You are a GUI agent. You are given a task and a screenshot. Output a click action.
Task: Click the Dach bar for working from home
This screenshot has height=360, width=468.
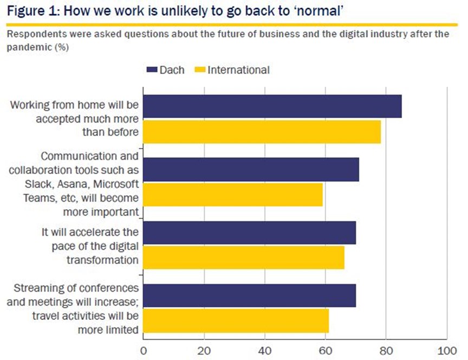point(272,106)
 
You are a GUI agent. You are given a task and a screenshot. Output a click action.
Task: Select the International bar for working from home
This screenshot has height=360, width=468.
point(262,132)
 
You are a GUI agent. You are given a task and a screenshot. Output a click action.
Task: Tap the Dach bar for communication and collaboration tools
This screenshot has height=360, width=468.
point(251,169)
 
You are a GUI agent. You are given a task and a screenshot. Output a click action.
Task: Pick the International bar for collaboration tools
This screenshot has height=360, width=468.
point(233,195)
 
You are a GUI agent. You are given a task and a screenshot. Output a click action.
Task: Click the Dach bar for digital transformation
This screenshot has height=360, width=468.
point(250,233)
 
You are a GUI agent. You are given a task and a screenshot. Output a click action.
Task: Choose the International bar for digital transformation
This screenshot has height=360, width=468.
point(244,258)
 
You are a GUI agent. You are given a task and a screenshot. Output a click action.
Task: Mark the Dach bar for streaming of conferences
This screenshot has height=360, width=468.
point(250,295)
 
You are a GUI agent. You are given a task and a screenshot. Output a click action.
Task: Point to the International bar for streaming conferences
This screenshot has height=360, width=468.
point(236,321)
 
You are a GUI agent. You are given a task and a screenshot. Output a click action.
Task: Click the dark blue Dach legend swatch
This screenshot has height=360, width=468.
point(152,70)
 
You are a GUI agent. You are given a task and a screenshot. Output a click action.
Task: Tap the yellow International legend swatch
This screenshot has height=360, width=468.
point(200,70)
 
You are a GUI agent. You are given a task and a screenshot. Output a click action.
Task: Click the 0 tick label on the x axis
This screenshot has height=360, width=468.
point(144,351)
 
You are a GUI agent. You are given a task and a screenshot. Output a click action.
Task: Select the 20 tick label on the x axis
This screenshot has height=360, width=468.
point(204,351)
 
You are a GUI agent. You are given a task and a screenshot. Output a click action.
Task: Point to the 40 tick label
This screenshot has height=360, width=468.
point(265,351)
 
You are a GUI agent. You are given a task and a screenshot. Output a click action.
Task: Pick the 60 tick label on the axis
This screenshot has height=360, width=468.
point(326,351)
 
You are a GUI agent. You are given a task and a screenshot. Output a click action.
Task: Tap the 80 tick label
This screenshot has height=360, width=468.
point(386,351)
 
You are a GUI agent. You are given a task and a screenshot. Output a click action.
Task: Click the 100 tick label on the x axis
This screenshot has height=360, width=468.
point(447,351)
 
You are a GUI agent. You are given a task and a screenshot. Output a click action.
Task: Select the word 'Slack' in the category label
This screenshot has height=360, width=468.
point(39,184)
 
